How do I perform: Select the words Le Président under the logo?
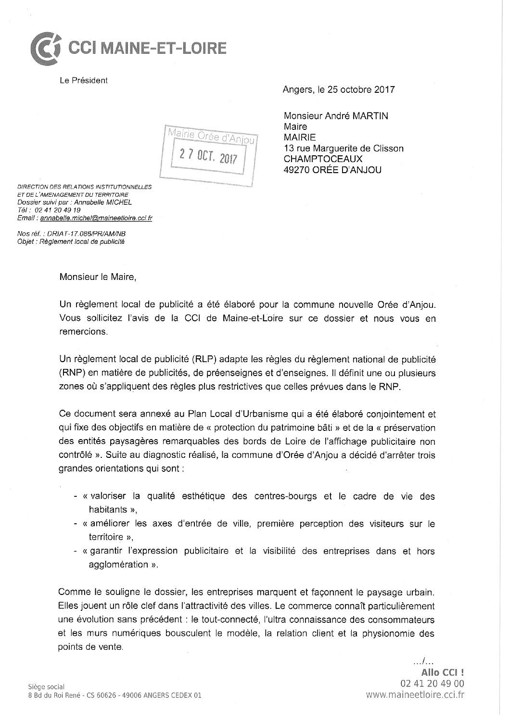[x=84, y=80]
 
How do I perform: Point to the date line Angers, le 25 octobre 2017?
[x=339, y=89]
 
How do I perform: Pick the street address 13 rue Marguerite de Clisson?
[x=344, y=148]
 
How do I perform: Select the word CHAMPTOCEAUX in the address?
[x=323, y=159]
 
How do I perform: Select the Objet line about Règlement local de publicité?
[x=71, y=241]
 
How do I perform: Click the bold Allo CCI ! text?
[x=443, y=672]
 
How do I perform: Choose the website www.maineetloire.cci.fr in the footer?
[x=415, y=694]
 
